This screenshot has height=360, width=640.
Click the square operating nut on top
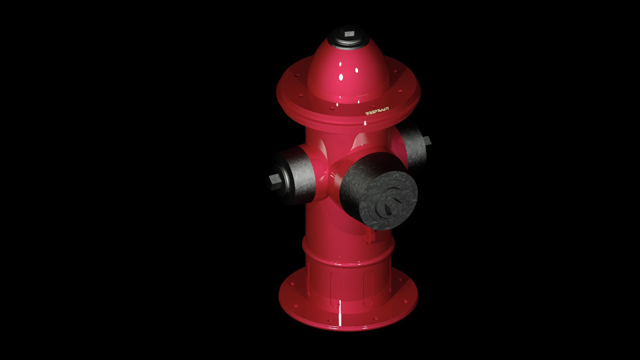point(349,33)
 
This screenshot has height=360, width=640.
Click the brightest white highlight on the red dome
point(341,77)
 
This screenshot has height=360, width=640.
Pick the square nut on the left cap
point(273,181)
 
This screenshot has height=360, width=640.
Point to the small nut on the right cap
point(427,141)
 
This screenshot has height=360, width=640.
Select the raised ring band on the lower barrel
point(347,251)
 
